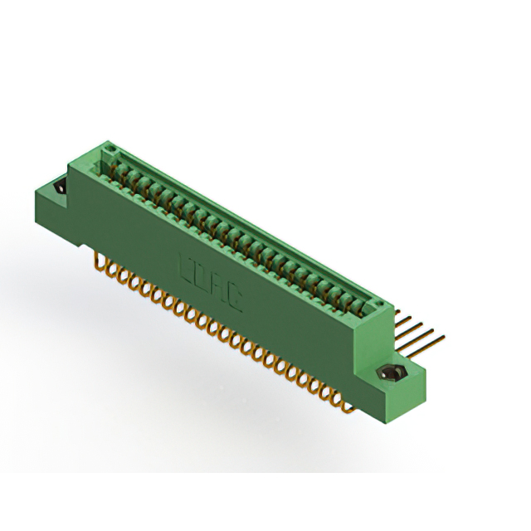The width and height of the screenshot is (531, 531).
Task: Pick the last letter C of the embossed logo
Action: coord(235,293)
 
